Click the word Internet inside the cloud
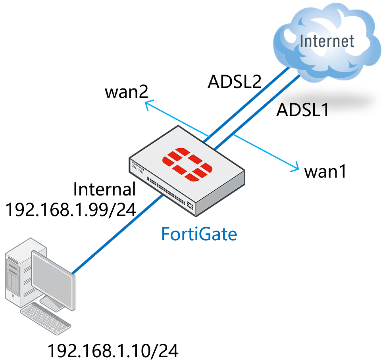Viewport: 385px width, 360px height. (327, 41)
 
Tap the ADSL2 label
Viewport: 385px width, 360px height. (234, 82)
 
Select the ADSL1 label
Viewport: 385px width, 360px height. (302, 110)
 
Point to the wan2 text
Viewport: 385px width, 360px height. (127, 92)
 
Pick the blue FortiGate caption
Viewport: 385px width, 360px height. (199, 234)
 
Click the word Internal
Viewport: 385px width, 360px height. (105, 190)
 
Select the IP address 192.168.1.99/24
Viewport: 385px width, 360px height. (70, 209)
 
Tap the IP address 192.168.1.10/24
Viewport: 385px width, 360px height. (113, 350)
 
